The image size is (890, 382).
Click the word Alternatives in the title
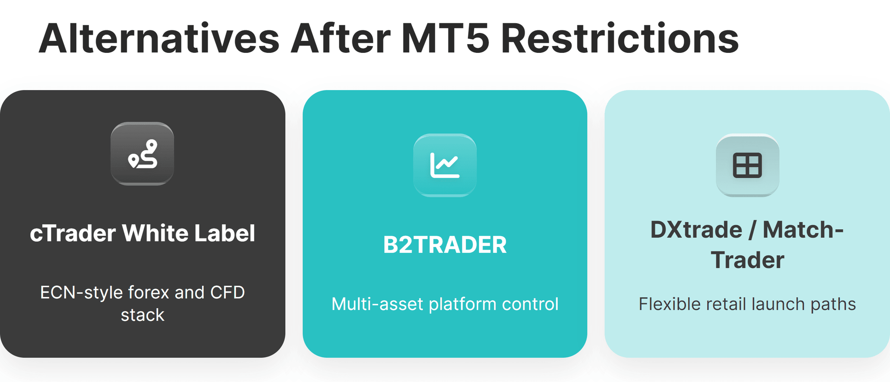click(159, 39)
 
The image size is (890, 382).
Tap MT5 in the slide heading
click(445, 39)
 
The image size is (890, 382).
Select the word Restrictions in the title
click(620, 39)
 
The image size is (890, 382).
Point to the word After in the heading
click(340, 39)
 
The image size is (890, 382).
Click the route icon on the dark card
click(142, 154)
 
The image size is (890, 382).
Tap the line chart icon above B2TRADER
click(445, 165)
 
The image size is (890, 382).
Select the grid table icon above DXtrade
click(747, 165)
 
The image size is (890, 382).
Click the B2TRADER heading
click(445, 245)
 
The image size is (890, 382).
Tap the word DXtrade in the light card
click(696, 230)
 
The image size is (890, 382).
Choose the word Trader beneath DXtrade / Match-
click(747, 260)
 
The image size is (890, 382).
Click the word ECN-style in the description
click(81, 293)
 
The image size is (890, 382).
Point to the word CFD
click(227, 293)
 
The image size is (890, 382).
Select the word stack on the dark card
click(142, 315)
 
